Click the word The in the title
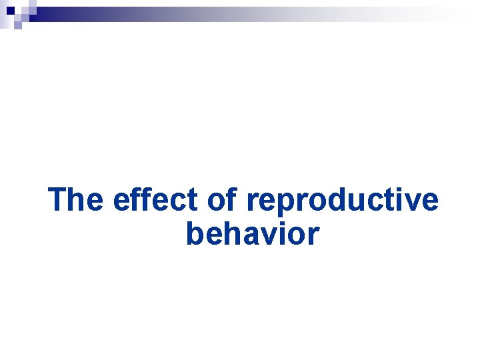pyautogui.click(x=76, y=200)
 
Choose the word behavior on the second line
pyautogui.click(x=253, y=235)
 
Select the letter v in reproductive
pyautogui.click(x=411, y=202)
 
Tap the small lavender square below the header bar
pyautogui.click(x=17, y=25)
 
